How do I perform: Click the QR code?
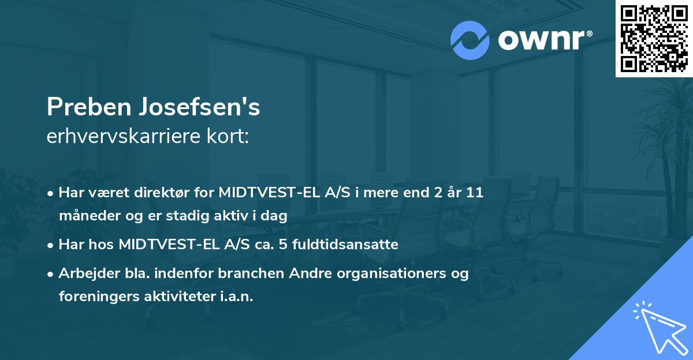654,39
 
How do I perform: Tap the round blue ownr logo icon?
470,40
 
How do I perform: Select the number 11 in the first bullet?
475,193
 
